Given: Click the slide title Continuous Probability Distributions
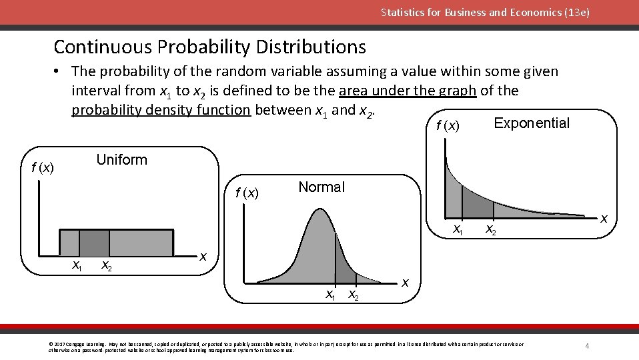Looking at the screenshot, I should coord(209,47).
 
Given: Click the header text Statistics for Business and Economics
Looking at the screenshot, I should coord(485,12).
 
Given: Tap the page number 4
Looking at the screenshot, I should coord(587,346).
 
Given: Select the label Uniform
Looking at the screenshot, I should coord(121,160).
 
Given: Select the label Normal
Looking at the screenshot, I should coord(322,187).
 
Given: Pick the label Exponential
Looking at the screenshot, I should coord(531,123).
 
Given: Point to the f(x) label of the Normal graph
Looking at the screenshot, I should coord(246,193).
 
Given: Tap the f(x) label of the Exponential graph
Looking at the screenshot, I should coord(447,125).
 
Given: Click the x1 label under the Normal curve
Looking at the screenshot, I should coord(330,294).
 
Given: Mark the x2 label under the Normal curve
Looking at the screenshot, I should coord(354,295).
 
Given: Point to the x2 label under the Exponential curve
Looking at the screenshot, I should coord(490,230).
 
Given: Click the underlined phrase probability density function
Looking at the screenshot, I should coord(161,109).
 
